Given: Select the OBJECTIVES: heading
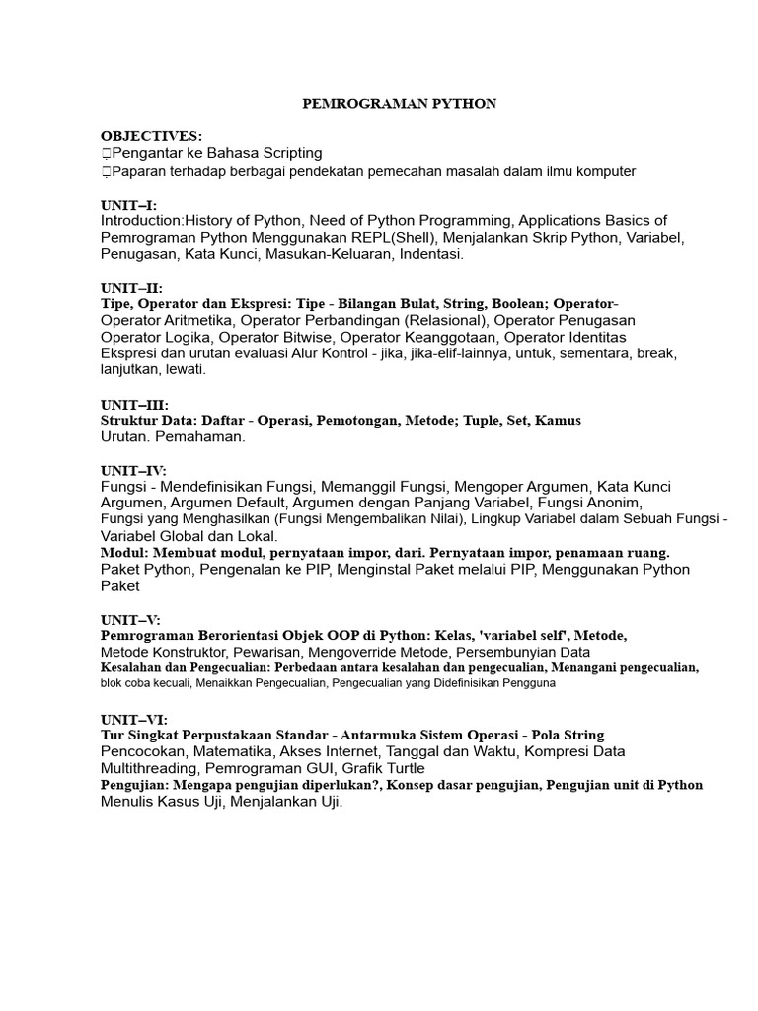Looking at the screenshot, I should [151, 136].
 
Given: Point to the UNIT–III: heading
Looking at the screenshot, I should [134, 405].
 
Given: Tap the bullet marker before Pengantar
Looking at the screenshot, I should [105, 154].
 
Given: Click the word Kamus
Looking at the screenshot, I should [560, 421].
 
